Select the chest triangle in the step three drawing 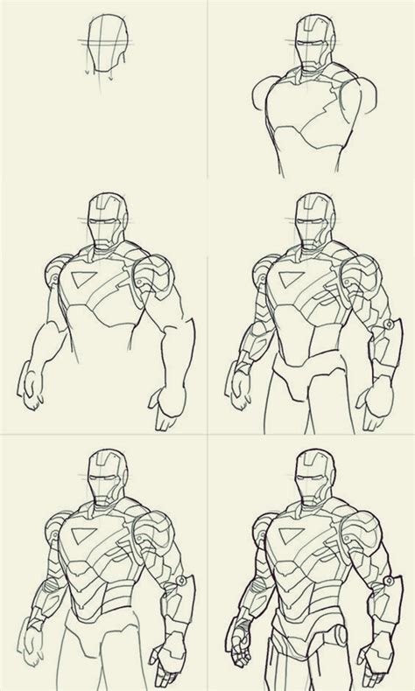point(86,283)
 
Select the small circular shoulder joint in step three point(55,273)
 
